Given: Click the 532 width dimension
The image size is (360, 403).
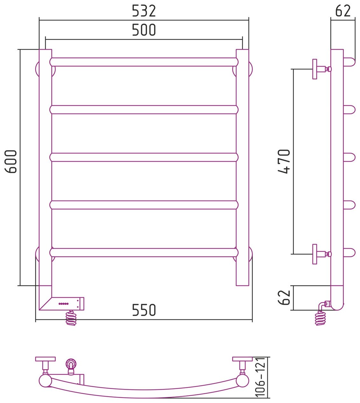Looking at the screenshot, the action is pos(144,11).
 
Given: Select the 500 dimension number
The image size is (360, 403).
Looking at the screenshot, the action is pos(144,30).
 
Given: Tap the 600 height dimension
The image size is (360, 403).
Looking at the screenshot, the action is pos(11,161).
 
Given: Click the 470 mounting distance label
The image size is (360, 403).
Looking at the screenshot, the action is pos(284,161).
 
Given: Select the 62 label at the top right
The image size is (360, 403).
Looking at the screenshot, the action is pos(343,11).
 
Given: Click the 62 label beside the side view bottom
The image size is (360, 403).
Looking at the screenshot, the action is pos(284,297).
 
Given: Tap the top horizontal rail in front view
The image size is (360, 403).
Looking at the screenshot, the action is pos(144,62).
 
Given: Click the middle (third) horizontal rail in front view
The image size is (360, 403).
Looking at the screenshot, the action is pos(144,157).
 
